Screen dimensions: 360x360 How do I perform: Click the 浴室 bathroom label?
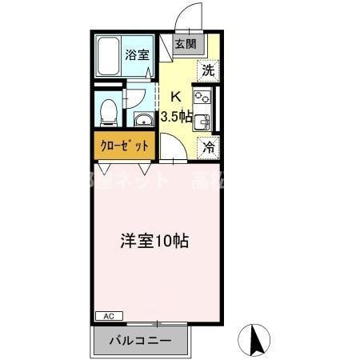tap(137, 55)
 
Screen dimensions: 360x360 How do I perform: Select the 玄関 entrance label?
tap(186, 44)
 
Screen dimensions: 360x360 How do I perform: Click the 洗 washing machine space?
tap(208, 70)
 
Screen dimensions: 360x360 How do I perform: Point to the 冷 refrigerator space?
tap(208, 147)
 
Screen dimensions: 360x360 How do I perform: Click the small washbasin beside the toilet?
tap(142, 121)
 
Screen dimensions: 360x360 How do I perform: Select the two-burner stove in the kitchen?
tap(202, 100)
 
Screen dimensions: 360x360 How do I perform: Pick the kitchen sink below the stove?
tap(204, 122)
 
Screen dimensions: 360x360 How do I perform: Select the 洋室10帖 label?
tap(155, 240)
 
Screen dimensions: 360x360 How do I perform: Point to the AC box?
tap(108, 316)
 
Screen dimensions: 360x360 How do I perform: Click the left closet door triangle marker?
tap(103, 169)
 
